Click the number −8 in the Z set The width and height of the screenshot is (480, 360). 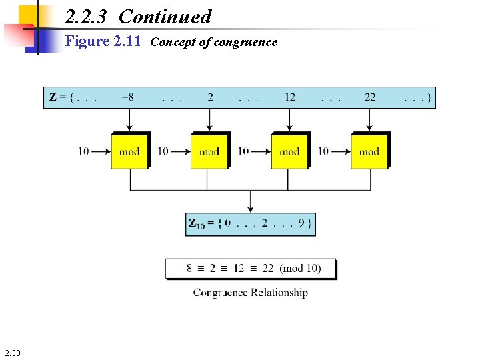[127, 97]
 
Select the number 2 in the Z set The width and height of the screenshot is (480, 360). [210, 97]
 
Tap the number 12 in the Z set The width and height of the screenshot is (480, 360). [289, 97]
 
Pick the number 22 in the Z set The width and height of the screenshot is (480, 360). [370, 97]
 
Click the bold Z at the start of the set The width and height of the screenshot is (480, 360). [53, 97]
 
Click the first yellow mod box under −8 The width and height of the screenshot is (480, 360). [129, 151]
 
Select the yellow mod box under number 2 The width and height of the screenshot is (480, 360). [209, 151]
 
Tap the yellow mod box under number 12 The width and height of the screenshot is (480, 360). [289, 151]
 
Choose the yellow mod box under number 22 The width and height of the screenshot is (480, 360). [369, 151]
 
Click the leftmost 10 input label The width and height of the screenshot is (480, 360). [83, 151]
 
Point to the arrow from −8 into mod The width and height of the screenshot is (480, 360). [130, 121]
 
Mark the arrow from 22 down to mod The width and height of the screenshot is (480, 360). [370, 121]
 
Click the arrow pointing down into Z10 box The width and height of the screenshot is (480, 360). [250, 201]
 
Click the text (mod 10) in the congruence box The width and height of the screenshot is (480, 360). [300, 268]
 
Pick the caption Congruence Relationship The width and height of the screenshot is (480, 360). [251, 292]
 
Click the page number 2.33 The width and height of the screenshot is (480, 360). [12, 353]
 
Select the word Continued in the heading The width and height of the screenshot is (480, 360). [165, 16]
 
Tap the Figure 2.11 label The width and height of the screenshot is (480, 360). [103, 41]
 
